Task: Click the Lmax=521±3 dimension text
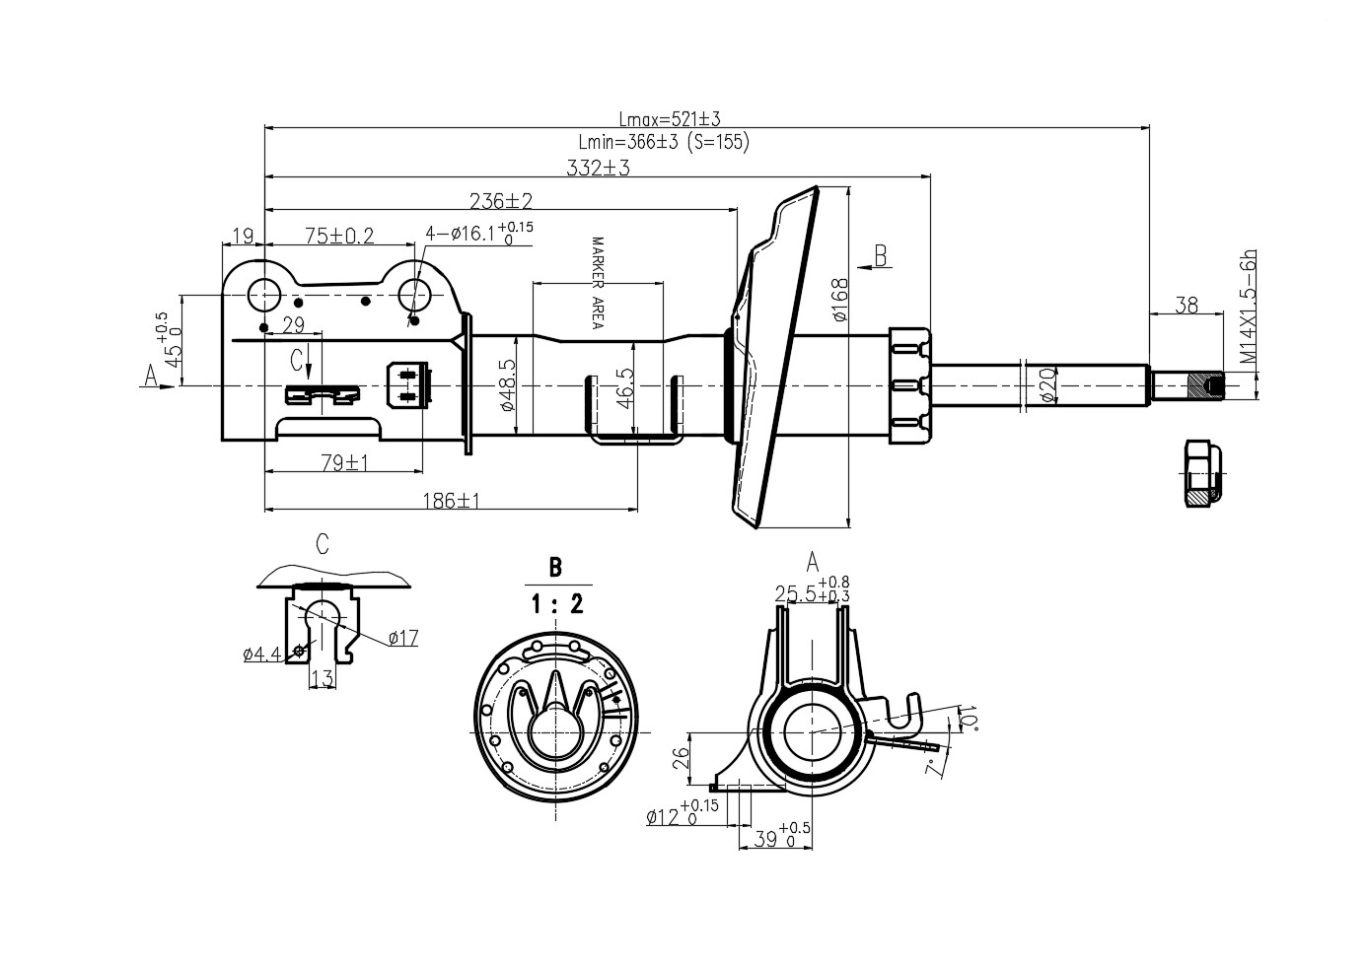pos(669,118)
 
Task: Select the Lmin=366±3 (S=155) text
pos(664,142)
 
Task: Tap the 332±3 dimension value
pos(598,168)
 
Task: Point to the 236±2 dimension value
pos(501,201)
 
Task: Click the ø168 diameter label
pos(839,300)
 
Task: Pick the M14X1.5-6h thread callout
pos(1249,308)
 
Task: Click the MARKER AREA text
pos(598,283)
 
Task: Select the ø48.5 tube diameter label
pos(508,385)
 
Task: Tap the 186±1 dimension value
pos(452,501)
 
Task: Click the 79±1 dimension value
pos(345,463)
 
